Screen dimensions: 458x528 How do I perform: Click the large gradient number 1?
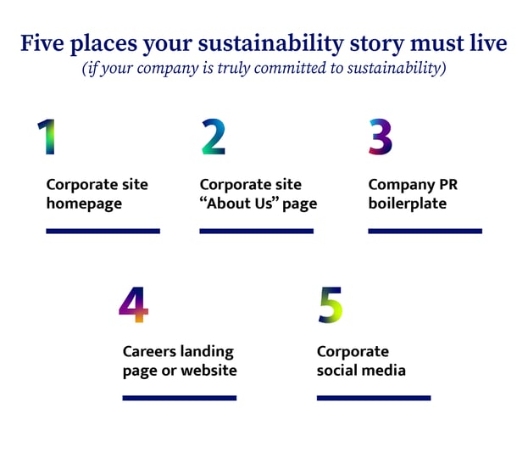pos(47,137)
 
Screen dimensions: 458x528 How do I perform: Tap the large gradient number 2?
pos(213,137)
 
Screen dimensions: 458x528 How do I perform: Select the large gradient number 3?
pos(381,137)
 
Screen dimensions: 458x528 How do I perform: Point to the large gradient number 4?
pos(134,305)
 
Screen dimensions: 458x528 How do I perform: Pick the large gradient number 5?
pos(331,305)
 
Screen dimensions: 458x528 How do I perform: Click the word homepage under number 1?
pos(84,204)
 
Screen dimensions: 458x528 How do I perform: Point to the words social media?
pos(361,371)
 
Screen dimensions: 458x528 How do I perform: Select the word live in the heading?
pos(487,43)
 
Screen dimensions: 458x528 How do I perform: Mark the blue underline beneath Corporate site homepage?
pos(103,231)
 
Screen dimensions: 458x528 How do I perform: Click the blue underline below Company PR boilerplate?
pos(425,231)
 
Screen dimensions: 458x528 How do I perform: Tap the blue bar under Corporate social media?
pos(374,398)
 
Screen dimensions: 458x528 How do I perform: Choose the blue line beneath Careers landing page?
pos(179,398)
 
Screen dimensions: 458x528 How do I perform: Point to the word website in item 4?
pos(210,371)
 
